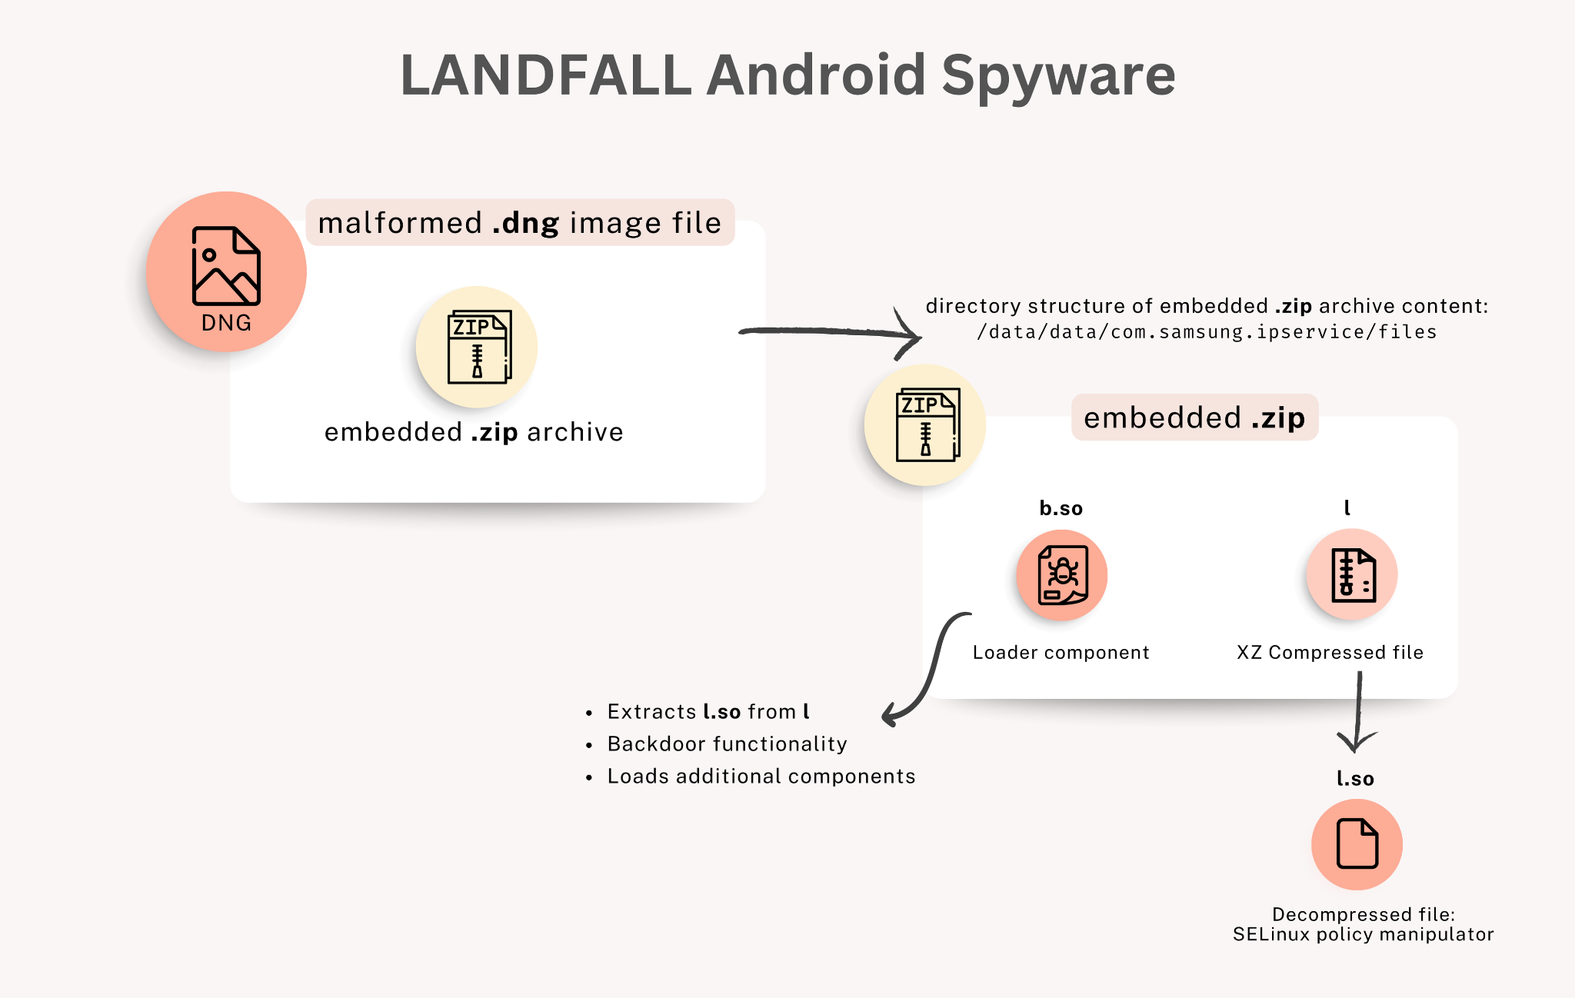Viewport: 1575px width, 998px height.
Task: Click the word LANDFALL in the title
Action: tap(545, 75)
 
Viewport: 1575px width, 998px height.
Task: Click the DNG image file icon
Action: tap(226, 271)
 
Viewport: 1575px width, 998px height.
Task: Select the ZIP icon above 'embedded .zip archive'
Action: tap(477, 347)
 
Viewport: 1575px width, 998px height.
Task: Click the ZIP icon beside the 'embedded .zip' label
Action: tap(926, 425)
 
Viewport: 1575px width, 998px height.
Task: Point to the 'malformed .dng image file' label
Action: tap(520, 223)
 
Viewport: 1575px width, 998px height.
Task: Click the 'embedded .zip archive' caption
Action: tap(474, 432)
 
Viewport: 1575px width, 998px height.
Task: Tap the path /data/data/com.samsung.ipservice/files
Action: tap(1207, 332)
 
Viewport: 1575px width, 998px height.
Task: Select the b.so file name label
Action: tap(1061, 508)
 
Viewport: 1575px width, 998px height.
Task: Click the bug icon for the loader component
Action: tap(1062, 575)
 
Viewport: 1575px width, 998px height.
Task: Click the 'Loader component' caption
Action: tap(1061, 653)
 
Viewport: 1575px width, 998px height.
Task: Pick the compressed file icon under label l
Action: tap(1352, 574)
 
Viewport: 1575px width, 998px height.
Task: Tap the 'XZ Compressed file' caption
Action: tap(1330, 653)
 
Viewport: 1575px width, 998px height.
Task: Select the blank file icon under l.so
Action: tap(1357, 844)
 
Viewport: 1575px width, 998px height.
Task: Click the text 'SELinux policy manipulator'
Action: tap(1363, 934)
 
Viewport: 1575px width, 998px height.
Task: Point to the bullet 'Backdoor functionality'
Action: tap(727, 744)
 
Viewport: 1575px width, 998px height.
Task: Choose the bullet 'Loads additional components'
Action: tap(761, 777)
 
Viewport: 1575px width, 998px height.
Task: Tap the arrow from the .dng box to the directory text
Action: tap(831, 333)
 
